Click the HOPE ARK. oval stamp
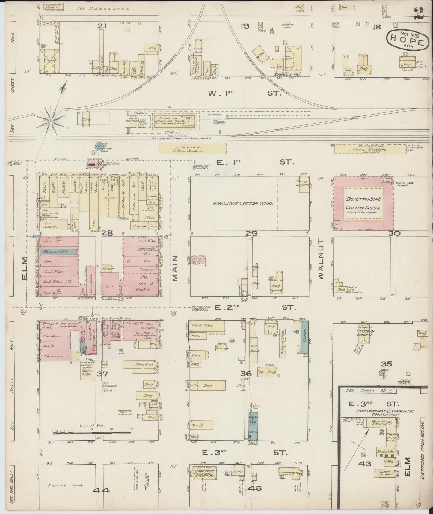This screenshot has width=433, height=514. [x=407, y=39]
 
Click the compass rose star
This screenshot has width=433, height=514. [x=51, y=121]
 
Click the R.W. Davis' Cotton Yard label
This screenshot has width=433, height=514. [x=243, y=203]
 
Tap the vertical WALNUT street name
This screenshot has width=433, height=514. [x=321, y=259]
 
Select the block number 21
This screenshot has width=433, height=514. [x=102, y=26]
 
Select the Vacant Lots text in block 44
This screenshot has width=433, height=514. [x=60, y=485]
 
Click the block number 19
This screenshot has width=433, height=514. [x=245, y=26]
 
